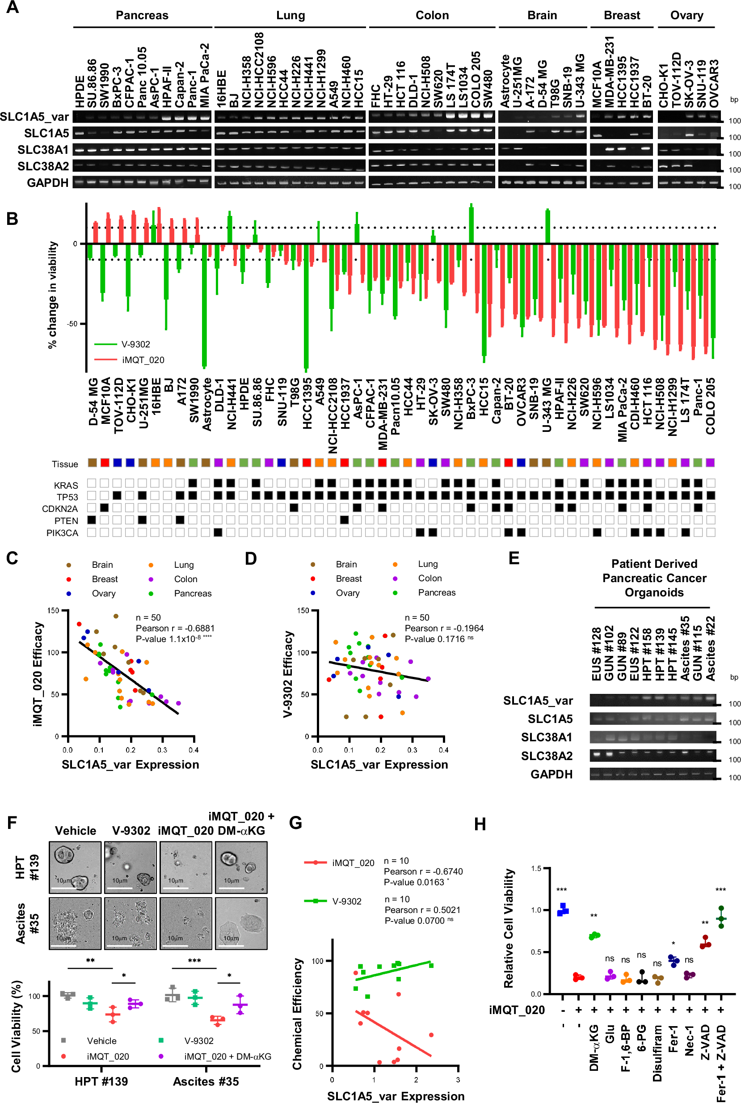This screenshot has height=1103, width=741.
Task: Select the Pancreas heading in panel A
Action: (x=142, y=15)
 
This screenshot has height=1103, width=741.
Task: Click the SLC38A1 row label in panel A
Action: (x=43, y=150)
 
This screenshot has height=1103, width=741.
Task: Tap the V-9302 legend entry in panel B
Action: (x=135, y=344)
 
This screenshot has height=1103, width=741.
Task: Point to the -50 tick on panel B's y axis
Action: (x=72, y=324)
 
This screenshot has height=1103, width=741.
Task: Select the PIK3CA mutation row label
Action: (x=62, y=533)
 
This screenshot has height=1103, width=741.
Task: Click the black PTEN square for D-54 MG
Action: (x=92, y=520)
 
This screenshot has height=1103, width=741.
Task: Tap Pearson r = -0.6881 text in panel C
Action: (x=175, y=628)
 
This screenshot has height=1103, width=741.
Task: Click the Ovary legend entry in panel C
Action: (x=104, y=593)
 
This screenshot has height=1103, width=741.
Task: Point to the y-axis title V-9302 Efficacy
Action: (x=288, y=674)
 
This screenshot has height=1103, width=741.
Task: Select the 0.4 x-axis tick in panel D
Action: (x=443, y=750)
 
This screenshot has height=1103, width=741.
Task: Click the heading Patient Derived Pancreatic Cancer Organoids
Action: (x=654, y=578)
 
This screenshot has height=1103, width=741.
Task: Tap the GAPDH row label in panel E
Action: (x=551, y=774)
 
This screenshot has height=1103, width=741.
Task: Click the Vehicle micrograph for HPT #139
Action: (x=75, y=867)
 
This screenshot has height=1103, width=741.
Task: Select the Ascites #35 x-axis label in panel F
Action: (x=206, y=1081)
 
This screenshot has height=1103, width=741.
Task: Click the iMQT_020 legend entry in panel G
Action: (x=353, y=863)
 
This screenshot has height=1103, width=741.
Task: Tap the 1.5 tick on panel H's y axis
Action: (x=536, y=869)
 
